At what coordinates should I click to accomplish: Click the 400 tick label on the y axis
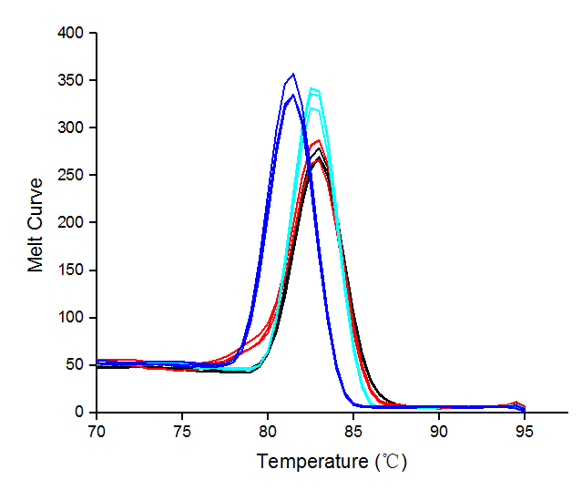coord(72,33)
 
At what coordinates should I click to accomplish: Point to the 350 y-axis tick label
coord(72,80)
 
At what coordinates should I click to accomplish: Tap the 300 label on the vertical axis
coord(72,128)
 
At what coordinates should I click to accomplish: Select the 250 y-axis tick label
coord(72,175)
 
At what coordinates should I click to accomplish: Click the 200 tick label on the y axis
coord(72,222)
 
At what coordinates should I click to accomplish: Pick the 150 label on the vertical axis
coord(72,270)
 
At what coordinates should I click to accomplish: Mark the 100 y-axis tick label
coord(72,317)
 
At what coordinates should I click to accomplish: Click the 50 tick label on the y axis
coord(76,364)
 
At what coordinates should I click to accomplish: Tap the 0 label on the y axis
coord(80,412)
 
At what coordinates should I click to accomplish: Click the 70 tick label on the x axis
coord(97,430)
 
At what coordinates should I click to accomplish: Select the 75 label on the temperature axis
coord(182,430)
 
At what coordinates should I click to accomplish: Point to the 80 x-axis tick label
coord(268,430)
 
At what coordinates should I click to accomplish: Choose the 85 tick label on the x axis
coord(353,430)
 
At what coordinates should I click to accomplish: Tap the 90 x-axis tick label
coord(439,430)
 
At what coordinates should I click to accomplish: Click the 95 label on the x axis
coord(525,430)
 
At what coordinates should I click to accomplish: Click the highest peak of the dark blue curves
coord(292,74)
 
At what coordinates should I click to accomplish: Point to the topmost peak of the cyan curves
coord(312,88)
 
